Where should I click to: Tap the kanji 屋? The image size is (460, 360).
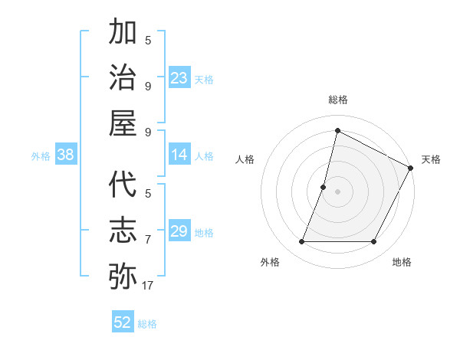[123, 122]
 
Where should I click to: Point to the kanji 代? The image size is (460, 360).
[123, 185]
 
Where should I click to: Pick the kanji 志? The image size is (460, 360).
[123, 230]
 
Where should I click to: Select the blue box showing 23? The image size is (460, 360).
[179, 77]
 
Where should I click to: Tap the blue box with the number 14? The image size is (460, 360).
[179, 155]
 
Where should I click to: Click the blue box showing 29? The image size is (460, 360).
[179, 231]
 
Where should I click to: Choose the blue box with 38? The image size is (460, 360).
[66, 155]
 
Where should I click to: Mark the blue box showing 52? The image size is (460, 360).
[123, 322]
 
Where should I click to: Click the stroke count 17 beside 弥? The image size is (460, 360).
[148, 286]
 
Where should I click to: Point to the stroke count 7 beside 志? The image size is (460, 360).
[148, 240]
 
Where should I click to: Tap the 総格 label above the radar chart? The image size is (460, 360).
[337, 100]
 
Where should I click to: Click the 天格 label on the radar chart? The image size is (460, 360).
[431, 159]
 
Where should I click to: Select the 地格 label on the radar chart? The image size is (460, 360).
[402, 262]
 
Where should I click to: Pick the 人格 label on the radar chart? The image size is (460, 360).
[245, 159]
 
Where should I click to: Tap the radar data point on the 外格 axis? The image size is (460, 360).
[301, 242]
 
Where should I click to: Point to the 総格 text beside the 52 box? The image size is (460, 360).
[147, 324]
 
